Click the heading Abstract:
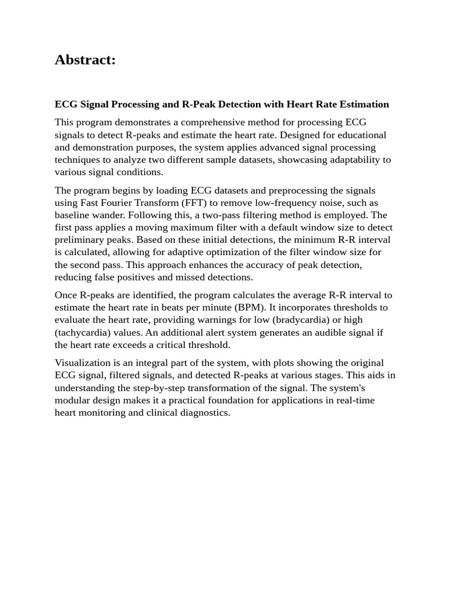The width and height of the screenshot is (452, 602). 85,60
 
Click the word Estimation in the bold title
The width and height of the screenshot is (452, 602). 363,105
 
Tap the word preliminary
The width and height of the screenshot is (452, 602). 82,240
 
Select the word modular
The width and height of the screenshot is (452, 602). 74,400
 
